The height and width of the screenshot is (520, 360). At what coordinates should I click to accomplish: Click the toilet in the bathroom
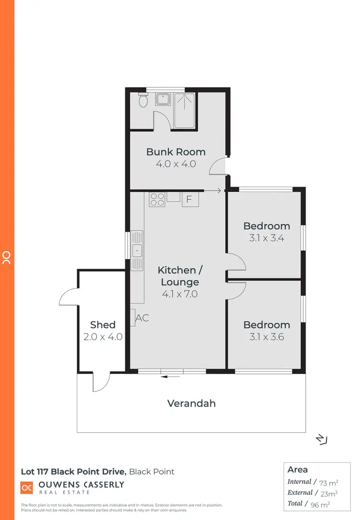point(143,101)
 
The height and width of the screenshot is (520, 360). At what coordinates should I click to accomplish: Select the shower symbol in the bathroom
point(184,111)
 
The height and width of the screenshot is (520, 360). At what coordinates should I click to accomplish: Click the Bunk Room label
point(176,152)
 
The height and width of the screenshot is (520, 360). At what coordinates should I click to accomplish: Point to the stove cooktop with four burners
point(157,199)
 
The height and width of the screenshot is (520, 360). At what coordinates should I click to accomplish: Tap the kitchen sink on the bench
point(137,250)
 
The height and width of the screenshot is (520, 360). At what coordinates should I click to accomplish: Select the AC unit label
point(142,318)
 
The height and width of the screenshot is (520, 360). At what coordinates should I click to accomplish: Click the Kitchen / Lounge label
point(177,276)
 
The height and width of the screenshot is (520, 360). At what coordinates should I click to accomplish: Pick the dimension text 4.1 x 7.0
point(177,294)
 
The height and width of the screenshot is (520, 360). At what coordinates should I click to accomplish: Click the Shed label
point(103,325)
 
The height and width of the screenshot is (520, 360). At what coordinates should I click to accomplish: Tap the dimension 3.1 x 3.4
point(266,237)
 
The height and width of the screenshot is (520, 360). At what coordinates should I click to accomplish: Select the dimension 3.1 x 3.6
point(266,337)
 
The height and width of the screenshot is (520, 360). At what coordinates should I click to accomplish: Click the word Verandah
point(191,403)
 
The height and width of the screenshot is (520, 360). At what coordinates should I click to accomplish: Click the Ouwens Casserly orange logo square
point(26,487)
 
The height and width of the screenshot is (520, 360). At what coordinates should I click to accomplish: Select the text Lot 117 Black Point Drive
point(73,472)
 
